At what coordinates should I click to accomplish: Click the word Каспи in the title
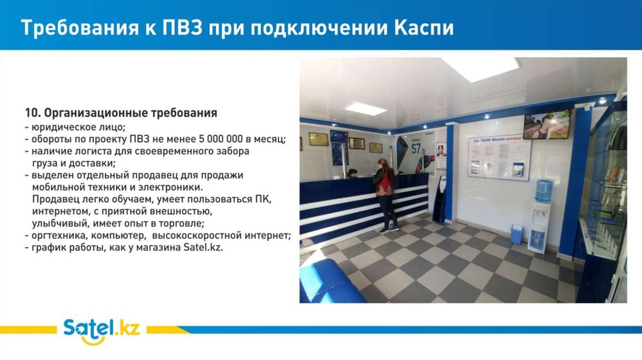point(424,28)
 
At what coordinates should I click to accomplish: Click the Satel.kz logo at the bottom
point(101,331)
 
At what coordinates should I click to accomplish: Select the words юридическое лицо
point(78,127)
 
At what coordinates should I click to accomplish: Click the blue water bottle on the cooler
point(544,191)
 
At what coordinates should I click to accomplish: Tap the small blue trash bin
point(517,235)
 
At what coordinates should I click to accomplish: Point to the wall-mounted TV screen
point(547,124)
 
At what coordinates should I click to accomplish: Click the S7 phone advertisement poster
point(416,153)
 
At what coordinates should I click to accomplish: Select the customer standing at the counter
point(386,195)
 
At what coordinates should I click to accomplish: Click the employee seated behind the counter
point(352,174)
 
